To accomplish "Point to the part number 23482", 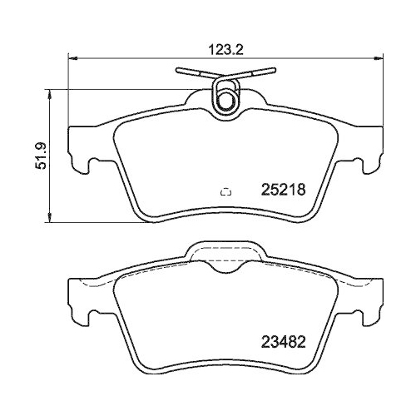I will click(285, 340).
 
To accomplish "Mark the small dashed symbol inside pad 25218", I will click(225, 192).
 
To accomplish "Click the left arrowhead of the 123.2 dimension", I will click(72, 59).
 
